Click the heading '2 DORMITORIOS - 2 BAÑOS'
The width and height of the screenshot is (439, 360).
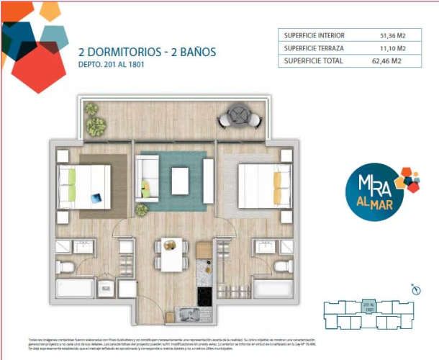(x=147, y=52)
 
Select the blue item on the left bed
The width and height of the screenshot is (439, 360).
(x=96, y=196)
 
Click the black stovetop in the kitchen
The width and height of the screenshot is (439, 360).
(x=205, y=296)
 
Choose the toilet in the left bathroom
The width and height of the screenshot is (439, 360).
(x=65, y=267)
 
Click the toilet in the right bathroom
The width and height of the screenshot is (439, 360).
(x=283, y=266)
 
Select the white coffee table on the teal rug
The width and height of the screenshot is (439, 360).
(x=180, y=180)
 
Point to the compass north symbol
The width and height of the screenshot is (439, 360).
(x=415, y=289)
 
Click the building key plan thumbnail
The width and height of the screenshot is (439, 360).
(x=369, y=312)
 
